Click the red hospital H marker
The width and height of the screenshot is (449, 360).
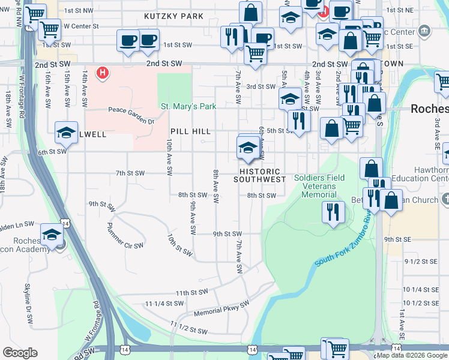coord(103,73)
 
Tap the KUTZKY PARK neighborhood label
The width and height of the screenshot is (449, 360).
coord(173,16)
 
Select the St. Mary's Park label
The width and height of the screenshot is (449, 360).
coord(188,107)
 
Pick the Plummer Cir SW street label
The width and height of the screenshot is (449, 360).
coord(124,236)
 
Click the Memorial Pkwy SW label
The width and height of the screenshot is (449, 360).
coord(220,309)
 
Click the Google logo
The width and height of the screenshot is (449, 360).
coord(20,353)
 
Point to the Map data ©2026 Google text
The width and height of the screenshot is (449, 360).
coord(412,355)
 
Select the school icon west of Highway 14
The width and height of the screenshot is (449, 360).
coord(52,234)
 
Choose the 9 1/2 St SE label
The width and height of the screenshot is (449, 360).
coord(420,262)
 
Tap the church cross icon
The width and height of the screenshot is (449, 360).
coord(444,199)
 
